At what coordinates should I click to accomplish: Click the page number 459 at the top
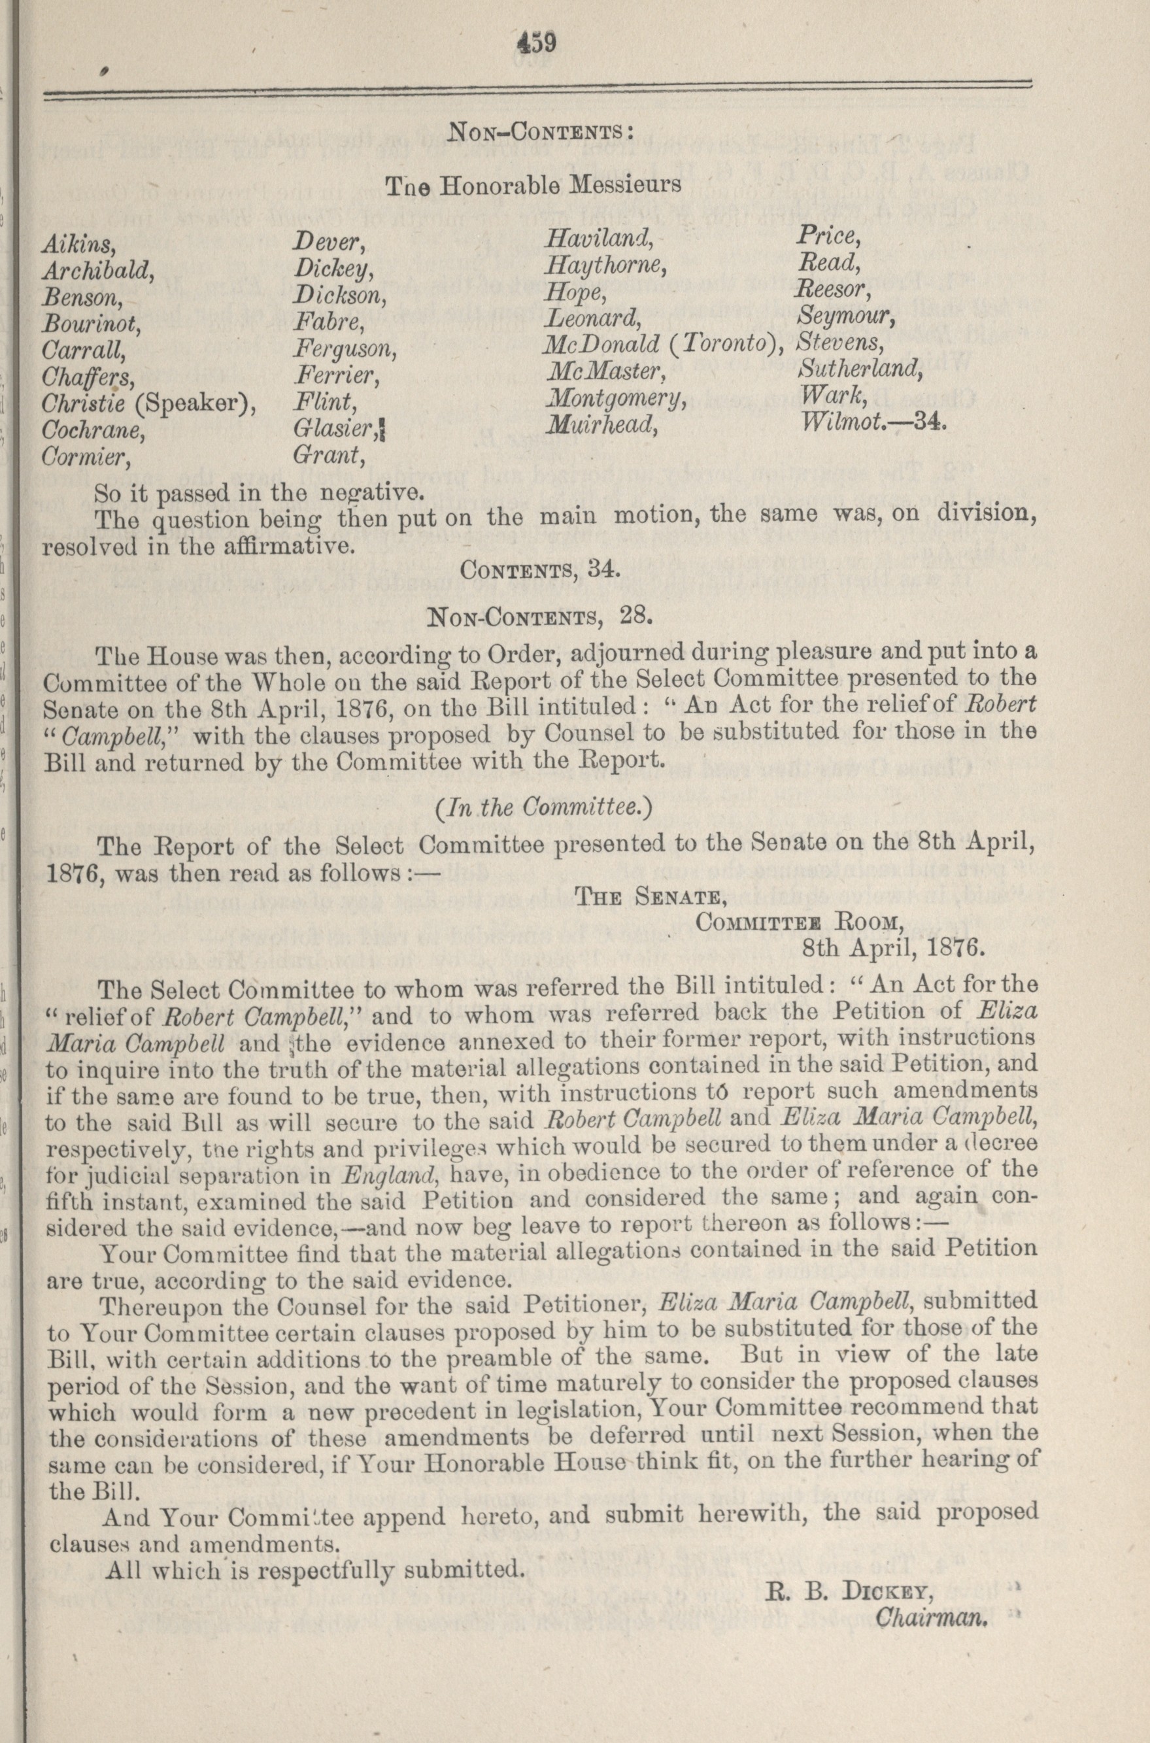[537, 43]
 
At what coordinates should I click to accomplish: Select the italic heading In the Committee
[543, 807]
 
